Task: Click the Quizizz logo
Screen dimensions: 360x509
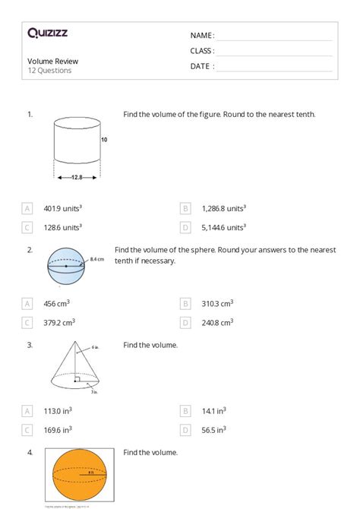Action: point(47,33)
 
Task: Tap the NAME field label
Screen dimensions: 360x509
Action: point(202,36)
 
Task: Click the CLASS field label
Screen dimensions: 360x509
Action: point(202,51)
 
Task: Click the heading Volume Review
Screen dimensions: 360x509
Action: point(53,62)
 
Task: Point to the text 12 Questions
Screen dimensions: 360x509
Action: point(49,71)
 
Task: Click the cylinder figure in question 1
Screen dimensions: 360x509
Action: point(77,144)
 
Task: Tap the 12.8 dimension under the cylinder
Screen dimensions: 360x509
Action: point(77,178)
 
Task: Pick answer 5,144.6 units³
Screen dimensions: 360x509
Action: point(224,227)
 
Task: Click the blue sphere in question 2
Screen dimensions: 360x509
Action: point(66,267)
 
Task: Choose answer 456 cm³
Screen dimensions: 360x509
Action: point(57,303)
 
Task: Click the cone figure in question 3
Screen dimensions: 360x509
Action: point(76,368)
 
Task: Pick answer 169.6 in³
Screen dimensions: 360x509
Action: point(58,429)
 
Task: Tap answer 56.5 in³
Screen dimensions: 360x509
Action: point(213,429)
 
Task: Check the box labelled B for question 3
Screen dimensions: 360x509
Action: point(185,410)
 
